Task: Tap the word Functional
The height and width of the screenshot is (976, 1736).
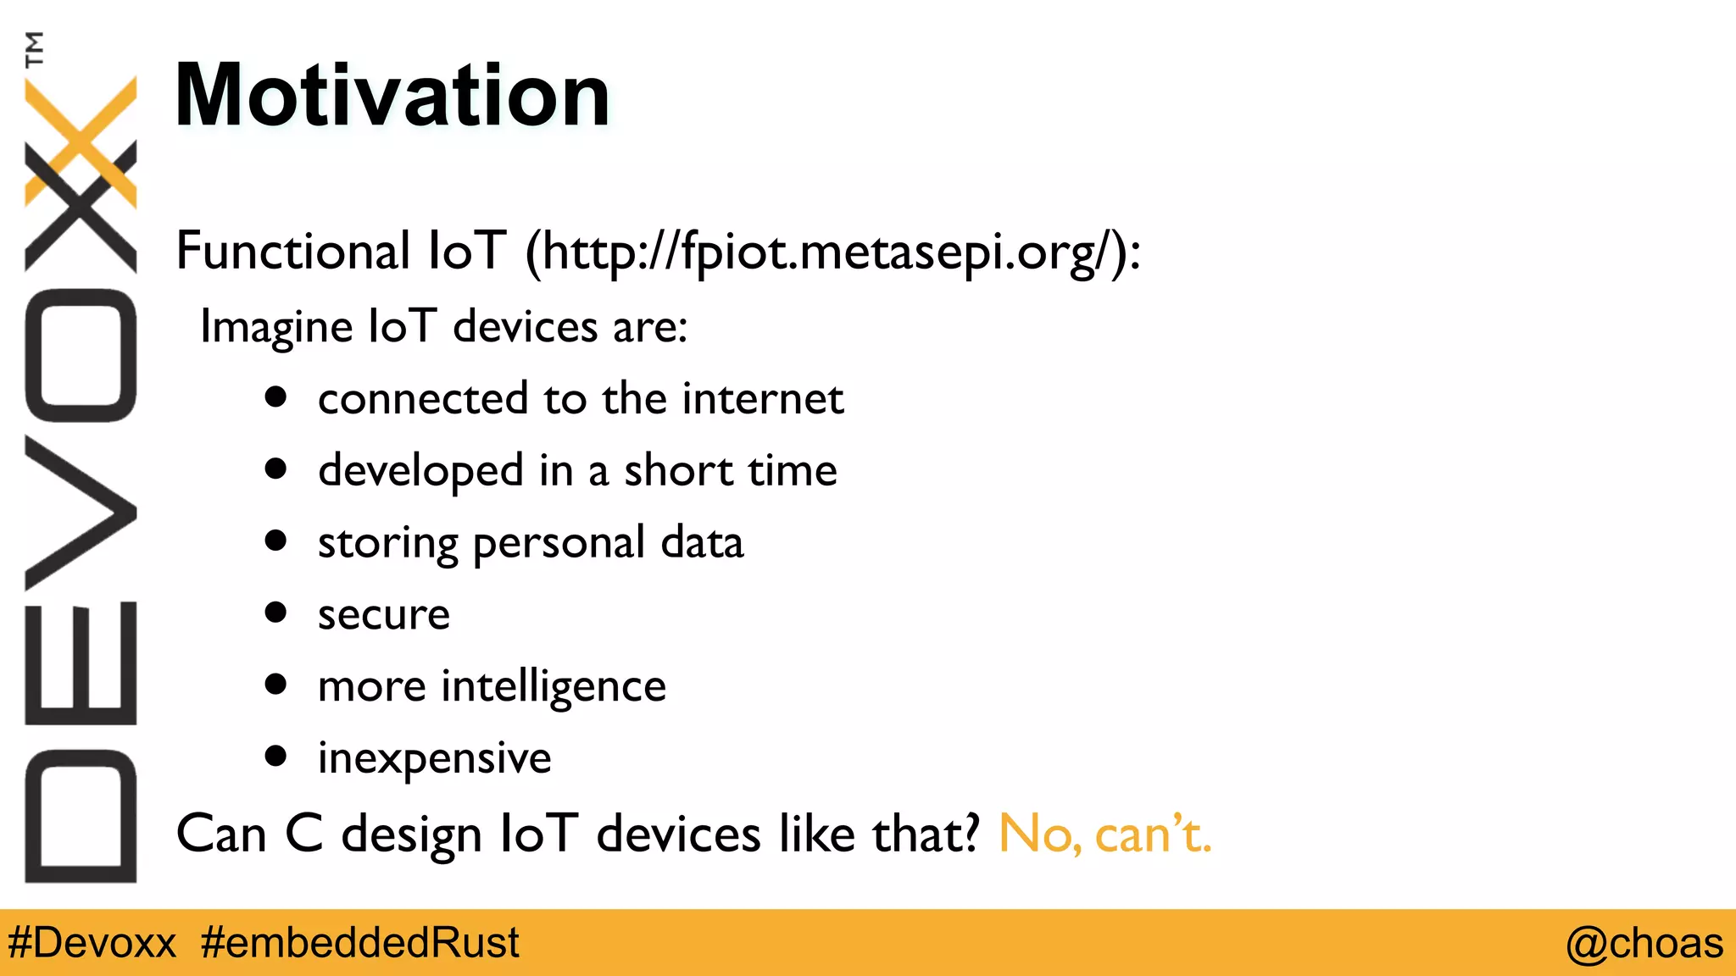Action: [292, 251]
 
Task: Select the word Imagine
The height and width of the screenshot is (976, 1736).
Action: [275, 328]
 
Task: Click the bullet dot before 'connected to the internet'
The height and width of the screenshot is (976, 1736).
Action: [275, 396]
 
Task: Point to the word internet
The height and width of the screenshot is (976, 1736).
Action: [763, 398]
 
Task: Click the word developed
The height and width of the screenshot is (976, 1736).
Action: [420, 471]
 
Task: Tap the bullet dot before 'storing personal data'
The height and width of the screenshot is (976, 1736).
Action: [275, 541]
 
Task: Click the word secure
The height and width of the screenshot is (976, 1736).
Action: [383, 615]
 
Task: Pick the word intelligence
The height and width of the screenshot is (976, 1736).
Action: [553, 687]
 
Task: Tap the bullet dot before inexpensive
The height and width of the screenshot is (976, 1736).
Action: [275, 756]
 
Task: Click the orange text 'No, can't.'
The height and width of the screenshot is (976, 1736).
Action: [1104, 834]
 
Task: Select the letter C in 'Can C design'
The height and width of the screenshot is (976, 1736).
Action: [303, 834]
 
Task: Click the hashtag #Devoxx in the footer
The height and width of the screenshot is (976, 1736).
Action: [92, 943]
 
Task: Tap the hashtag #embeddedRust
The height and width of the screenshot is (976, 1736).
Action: [360, 943]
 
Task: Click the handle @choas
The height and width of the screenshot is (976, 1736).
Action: [1644, 943]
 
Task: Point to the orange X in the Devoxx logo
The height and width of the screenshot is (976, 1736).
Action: [81, 140]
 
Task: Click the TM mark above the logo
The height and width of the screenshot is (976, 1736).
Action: [35, 49]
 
